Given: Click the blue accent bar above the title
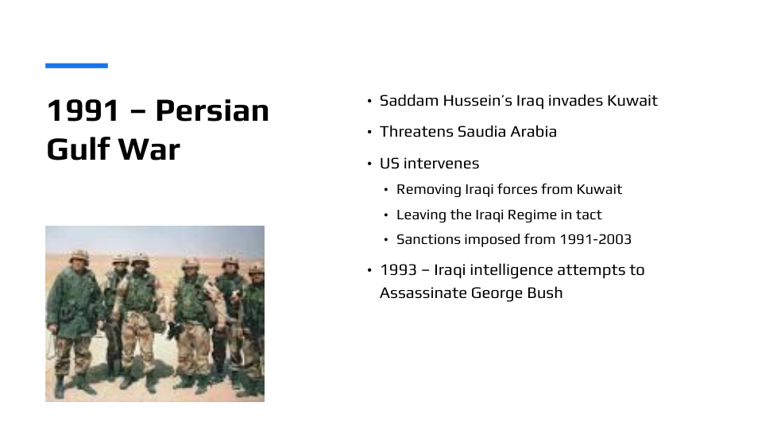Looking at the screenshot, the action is click(x=76, y=65).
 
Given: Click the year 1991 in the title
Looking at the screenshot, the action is click(x=83, y=110).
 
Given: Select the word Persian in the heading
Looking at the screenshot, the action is click(x=212, y=110).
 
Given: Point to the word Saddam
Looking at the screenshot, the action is click(x=409, y=101).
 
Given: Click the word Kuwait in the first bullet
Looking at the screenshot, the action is click(x=632, y=101).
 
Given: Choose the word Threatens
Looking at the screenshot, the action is click(x=416, y=132).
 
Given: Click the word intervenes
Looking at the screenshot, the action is click(x=441, y=164).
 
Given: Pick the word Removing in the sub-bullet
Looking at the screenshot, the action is click(x=429, y=189).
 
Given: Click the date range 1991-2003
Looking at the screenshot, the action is click(x=595, y=239).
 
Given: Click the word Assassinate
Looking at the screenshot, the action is click(x=423, y=293).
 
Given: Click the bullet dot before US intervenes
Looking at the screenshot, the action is click(x=369, y=164).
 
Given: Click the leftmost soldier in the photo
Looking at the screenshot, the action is click(x=73, y=322).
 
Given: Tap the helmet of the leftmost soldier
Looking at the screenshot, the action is click(x=79, y=257).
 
